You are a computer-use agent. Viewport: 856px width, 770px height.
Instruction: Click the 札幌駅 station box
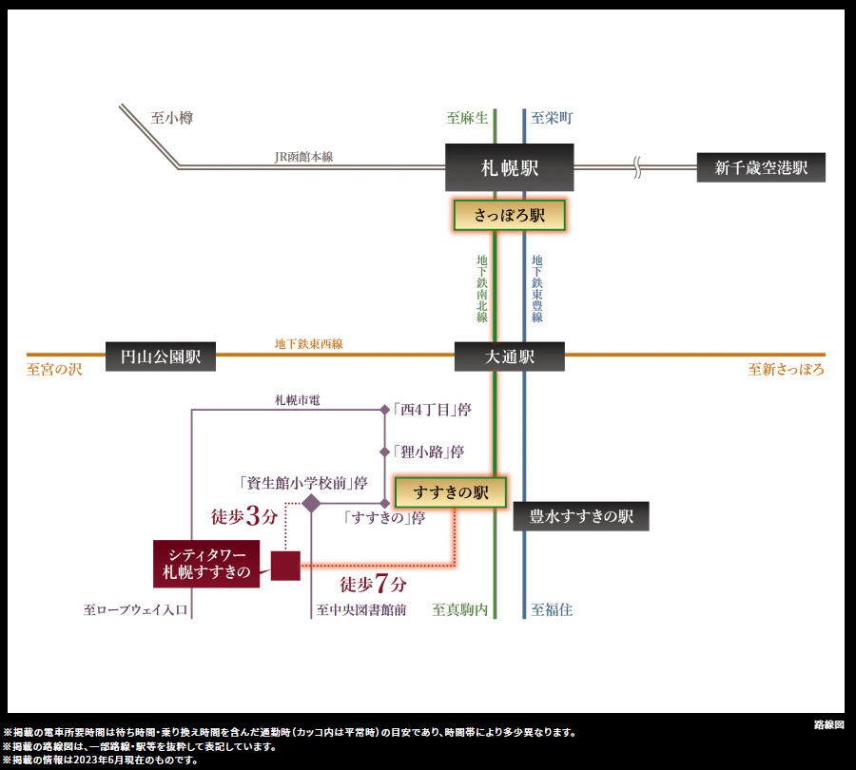[x=510, y=167]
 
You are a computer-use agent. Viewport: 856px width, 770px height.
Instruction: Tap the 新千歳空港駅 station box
[x=761, y=167]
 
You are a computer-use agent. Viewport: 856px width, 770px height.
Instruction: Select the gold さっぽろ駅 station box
[x=510, y=215]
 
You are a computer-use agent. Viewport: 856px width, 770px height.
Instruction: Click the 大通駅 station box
[x=510, y=356]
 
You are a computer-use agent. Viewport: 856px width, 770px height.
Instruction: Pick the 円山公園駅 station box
[x=161, y=356]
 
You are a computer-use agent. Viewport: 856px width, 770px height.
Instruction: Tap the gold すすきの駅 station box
[x=451, y=492]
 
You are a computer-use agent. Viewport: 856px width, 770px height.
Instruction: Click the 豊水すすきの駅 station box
[x=581, y=516]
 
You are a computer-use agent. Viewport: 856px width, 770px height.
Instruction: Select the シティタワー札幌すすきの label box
[x=206, y=564]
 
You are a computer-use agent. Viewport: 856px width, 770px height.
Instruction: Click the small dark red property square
[x=285, y=566]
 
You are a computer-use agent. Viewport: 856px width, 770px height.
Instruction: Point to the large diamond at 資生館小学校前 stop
[x=311, y=503]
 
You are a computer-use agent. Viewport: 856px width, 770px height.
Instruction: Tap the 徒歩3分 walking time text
[x=244, y=515]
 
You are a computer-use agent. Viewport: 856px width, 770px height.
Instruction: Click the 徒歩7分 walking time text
[x=374, y=584]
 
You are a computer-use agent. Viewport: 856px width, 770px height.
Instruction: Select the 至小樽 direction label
[x=172, y=118]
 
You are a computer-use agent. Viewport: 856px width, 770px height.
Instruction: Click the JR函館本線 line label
[x=303, y=157]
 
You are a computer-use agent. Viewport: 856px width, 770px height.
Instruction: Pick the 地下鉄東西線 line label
[x=308, y=344]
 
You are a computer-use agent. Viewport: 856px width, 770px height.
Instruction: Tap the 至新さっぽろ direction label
[x=787, y=370]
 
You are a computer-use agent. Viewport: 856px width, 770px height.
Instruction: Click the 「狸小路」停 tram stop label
[x=429, y=452]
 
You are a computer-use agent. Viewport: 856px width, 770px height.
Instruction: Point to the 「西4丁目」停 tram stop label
[x=432, y=410]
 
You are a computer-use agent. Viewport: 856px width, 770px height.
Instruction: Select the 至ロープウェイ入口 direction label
[x=135, y=610]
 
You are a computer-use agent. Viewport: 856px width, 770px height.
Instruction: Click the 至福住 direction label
[x=552, y=610]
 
